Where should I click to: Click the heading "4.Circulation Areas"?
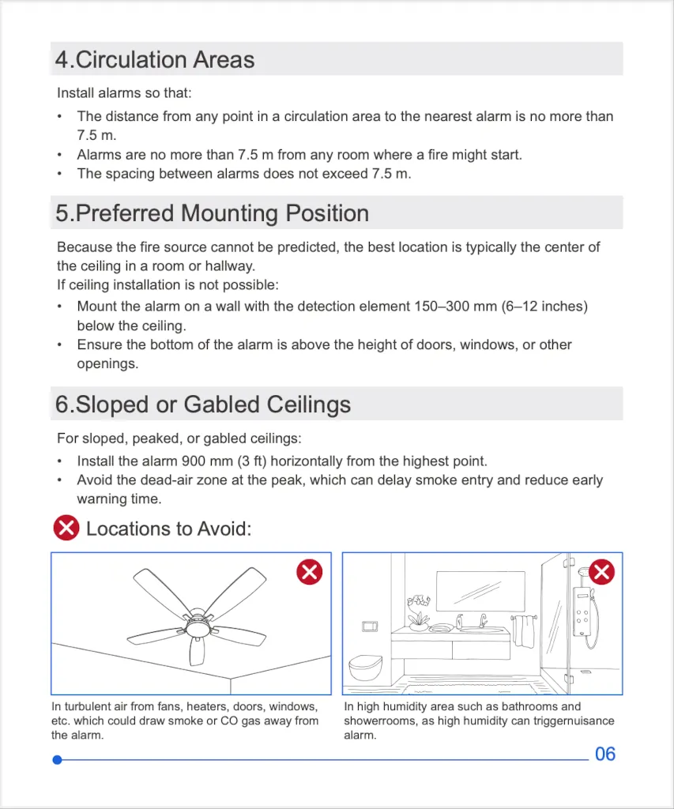coord(155,60)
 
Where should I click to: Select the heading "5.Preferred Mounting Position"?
coord(212,213)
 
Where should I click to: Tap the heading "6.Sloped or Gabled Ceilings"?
coord(203,404)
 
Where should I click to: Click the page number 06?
coord(604,754)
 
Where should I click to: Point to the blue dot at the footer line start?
coord(57,760)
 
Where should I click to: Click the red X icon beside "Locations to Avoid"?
coord(66,528)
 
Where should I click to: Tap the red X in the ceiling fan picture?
coord(309,572)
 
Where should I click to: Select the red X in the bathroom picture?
coord(602,571)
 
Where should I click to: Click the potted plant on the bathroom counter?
coord(416,612)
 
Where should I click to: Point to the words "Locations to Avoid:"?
coord(168,529)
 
